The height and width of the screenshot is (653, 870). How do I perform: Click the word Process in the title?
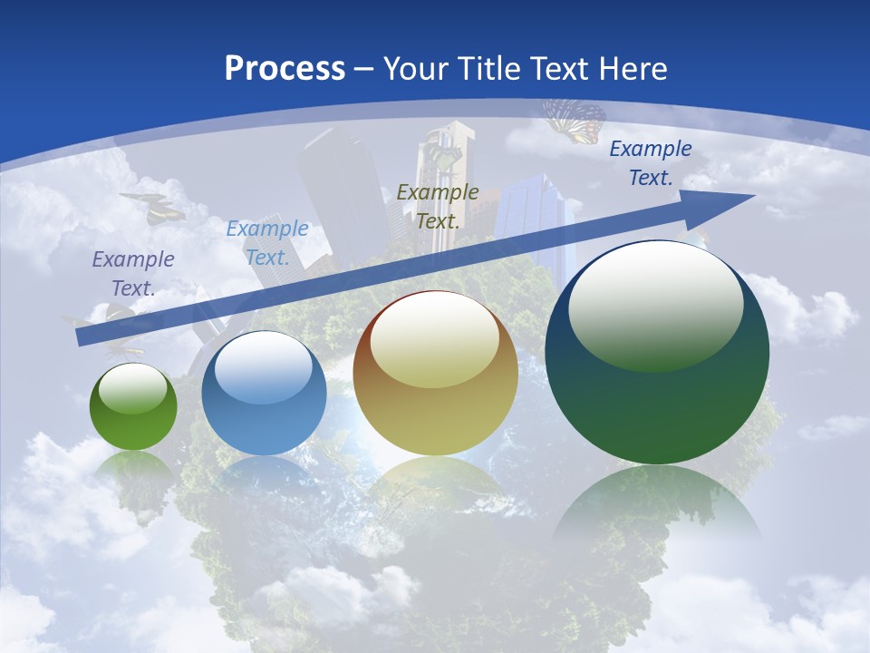pyautogui.click(x=285, y=68)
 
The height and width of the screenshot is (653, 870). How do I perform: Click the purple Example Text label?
pyautogui.click(x=133, y=273)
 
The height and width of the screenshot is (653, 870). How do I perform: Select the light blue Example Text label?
pyautogui.click(x=267, y=242)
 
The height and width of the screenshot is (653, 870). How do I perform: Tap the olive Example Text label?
pyautogui.click(x=438, y=206)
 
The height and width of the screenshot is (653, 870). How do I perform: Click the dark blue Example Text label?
pyautogui.click(x=651, y=163)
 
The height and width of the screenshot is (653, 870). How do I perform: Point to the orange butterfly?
pyautogui.click(x=575, y=121)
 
